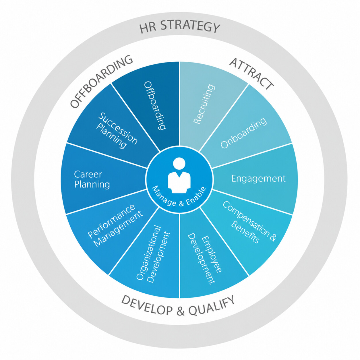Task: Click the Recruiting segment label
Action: click(204, 104)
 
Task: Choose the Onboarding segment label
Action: click(244, 133)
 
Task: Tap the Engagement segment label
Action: click(258, 178)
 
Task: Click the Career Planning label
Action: click(92, 179)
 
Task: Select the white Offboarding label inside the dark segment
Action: click(155, 105)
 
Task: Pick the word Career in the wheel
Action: click(88, 175)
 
